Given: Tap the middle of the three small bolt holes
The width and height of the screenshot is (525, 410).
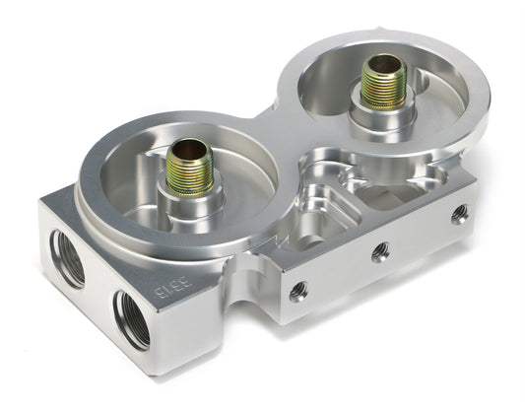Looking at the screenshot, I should [x=379, y=252].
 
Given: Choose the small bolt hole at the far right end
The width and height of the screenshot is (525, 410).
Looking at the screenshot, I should [x=458, y=214].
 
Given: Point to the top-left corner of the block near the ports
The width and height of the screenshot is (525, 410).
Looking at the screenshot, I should [x=42, y=203].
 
